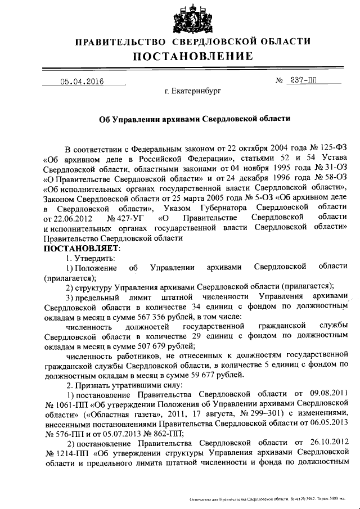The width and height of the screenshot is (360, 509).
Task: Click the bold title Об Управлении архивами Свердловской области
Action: pyautogui.click(x=195, y=119)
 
